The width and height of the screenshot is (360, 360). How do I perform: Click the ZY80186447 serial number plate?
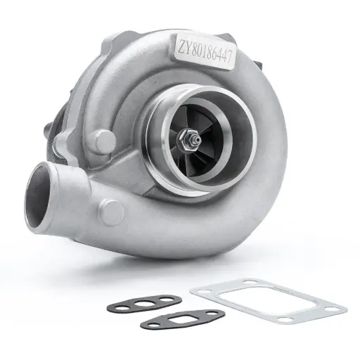208,47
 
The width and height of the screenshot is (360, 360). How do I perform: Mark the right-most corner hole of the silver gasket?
334,307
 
